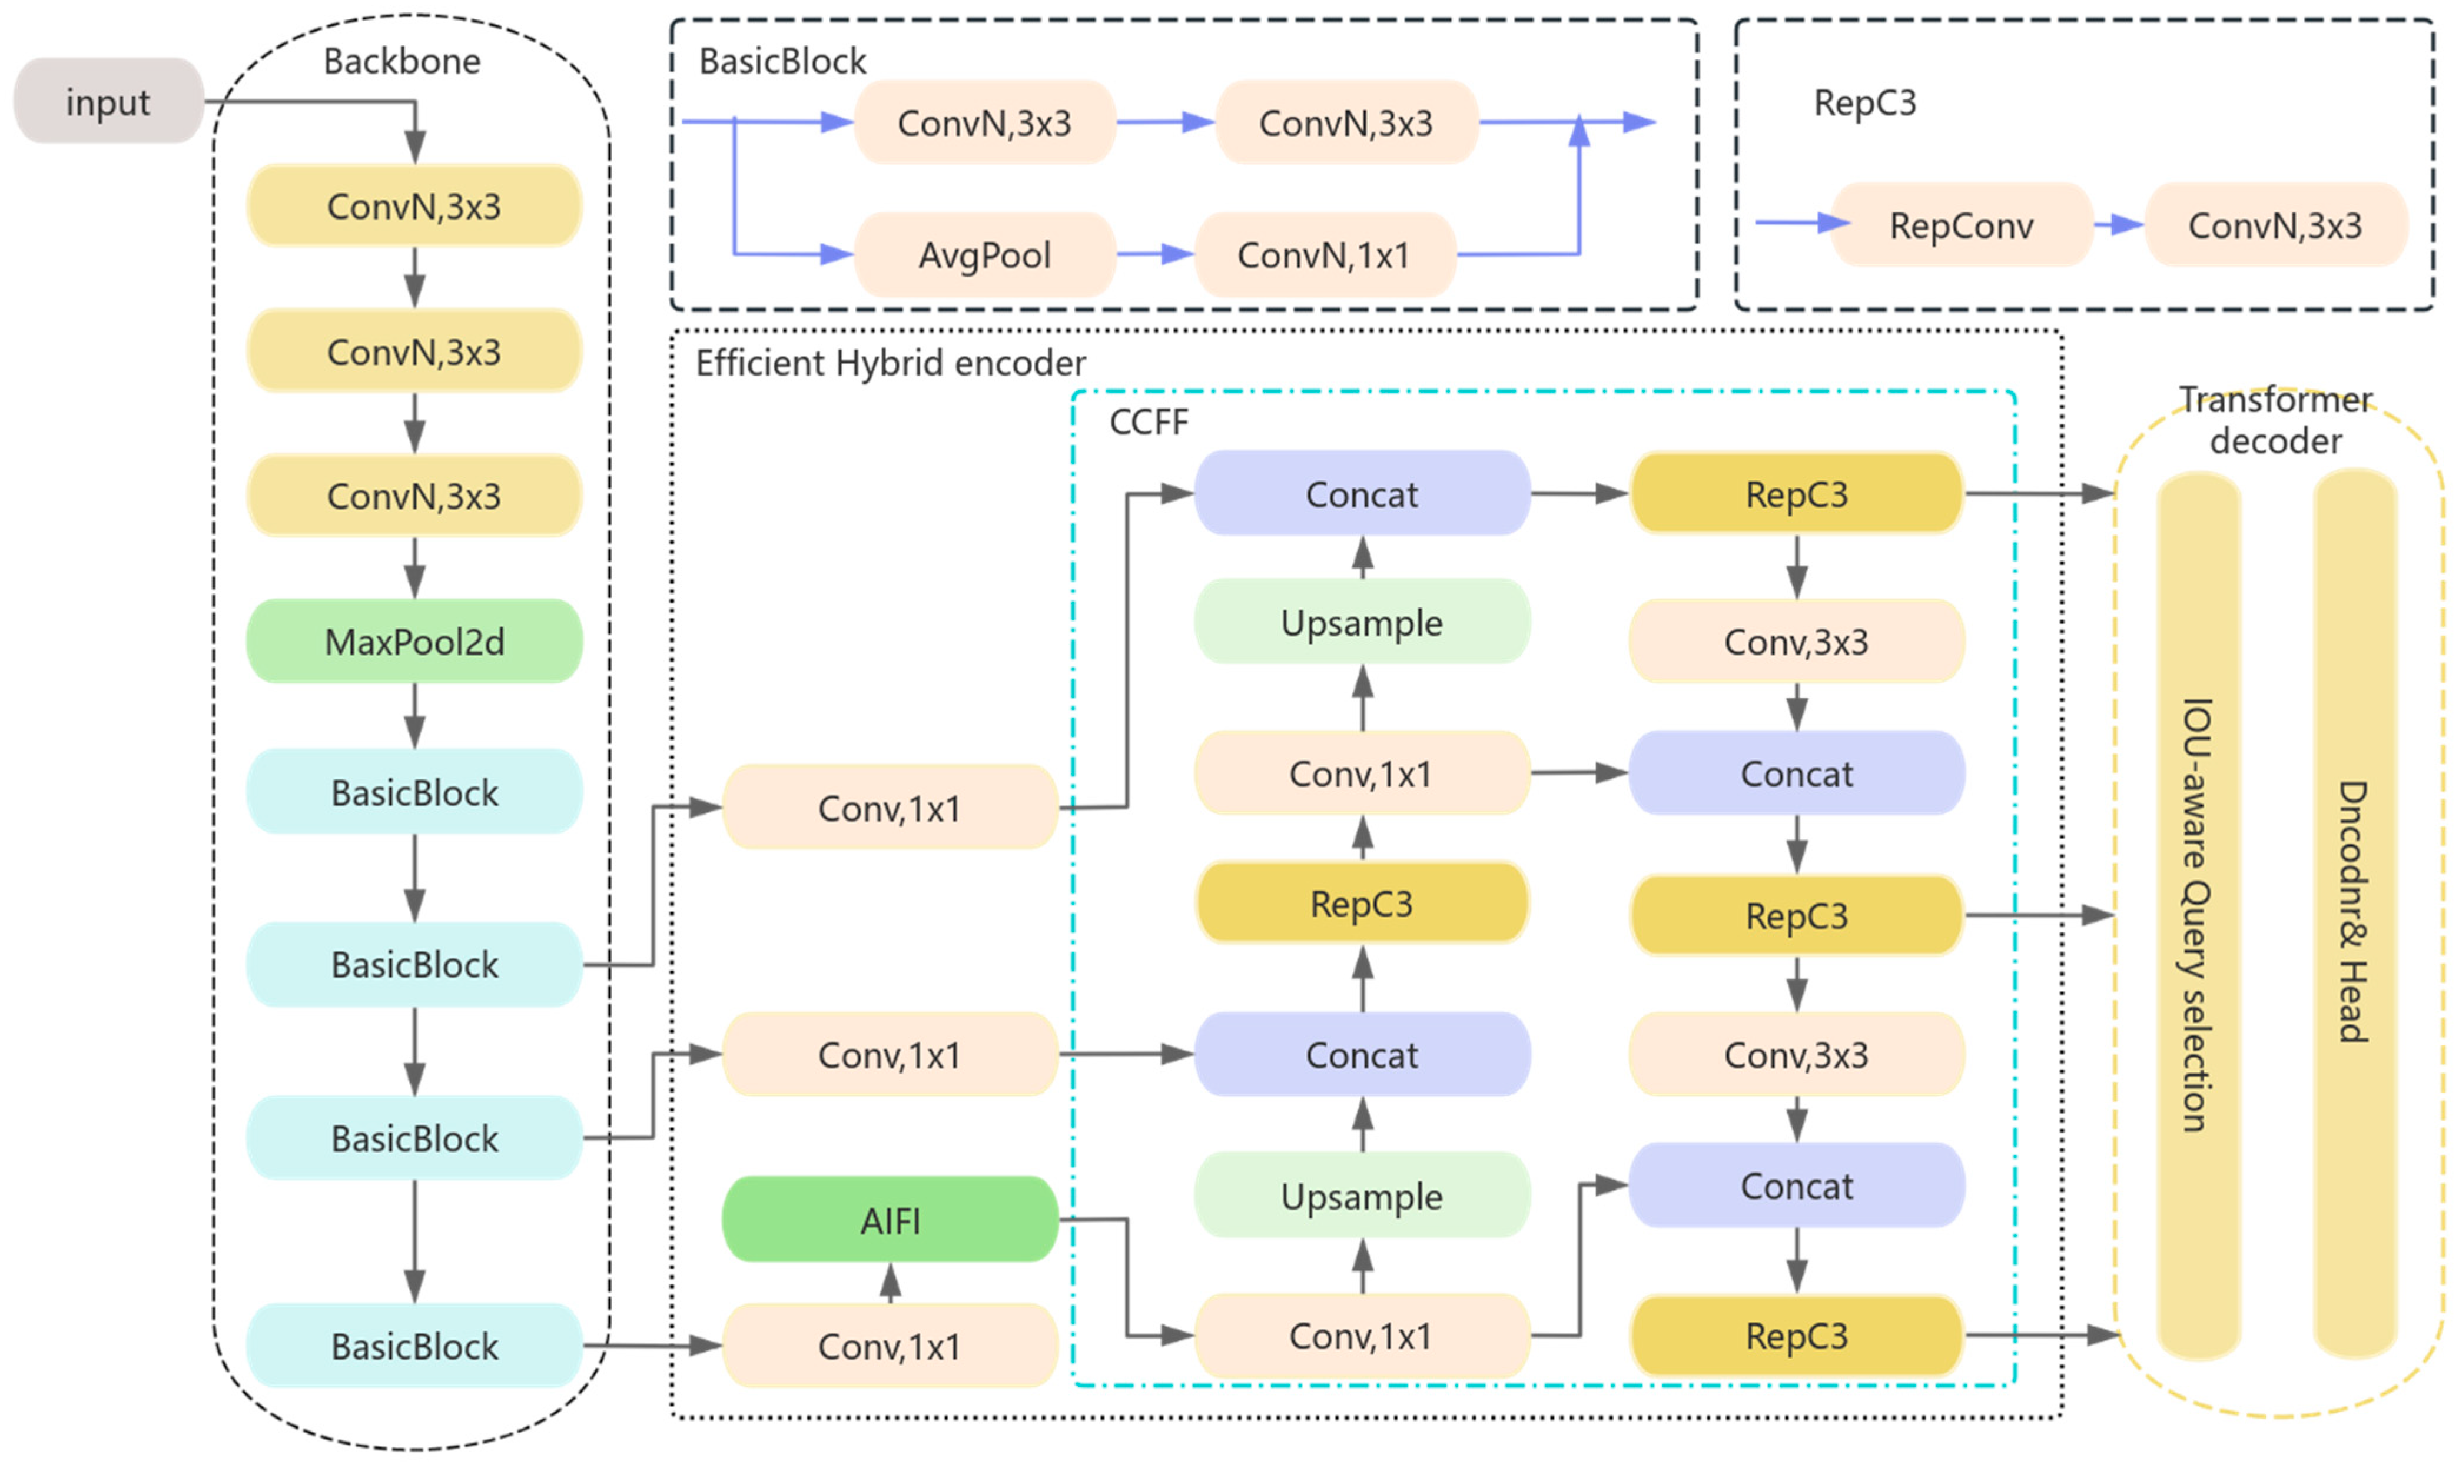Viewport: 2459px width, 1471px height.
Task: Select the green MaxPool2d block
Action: [414, 642]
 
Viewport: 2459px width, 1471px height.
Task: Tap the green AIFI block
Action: [889, 1220]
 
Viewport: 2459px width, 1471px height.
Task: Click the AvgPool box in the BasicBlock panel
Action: [984, 255]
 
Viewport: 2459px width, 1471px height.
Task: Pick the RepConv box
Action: [1960, 225]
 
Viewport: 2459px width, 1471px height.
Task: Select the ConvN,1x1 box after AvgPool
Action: [1324, 255]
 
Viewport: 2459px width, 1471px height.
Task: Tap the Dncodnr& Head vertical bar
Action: [2354, 912]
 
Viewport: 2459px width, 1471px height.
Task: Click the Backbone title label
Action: [401, 61]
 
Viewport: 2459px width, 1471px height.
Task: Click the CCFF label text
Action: [1148, 422]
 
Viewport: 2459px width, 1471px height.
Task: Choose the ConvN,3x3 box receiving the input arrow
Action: [414, 206]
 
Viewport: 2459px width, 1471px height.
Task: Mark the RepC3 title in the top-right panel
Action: [1864, 102]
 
